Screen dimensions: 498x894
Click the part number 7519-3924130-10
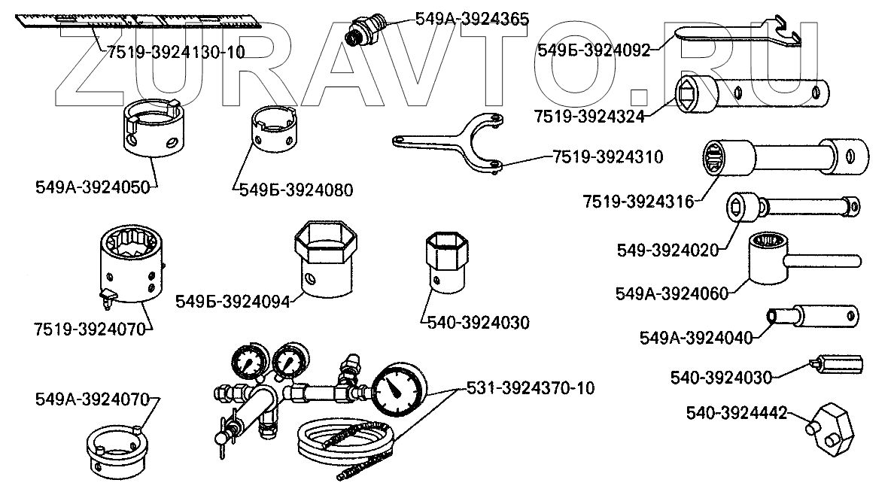tap(176, 53)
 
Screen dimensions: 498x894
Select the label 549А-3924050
tap(94, 186)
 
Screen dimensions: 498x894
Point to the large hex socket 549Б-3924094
tap(322, 260)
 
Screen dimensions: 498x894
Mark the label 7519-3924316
tap(640, 202)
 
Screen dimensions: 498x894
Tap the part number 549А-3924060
tap(672, 293)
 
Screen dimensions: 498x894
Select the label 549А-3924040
tap(695, 336)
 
